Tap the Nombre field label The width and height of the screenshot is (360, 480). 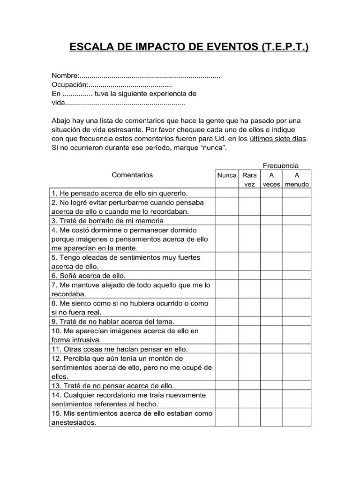coord(65,76)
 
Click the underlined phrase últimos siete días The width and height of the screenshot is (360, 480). coord(278,139)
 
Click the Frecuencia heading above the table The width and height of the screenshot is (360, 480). coord(280,165)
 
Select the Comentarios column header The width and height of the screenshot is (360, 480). coord(132,175)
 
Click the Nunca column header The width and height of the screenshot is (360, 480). coord(227,175)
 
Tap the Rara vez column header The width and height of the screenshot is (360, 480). coord(249,180)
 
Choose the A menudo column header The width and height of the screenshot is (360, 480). coord(297,180)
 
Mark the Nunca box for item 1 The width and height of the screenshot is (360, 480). coord(227,193)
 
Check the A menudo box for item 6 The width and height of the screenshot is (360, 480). coord(297,276)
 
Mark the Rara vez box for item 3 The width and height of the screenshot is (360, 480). coord(249,220)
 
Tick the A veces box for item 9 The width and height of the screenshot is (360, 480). coord(271,322)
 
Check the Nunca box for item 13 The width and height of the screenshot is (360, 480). coord(227,386)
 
